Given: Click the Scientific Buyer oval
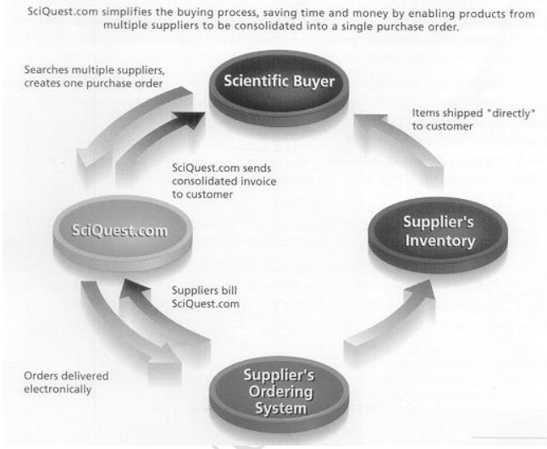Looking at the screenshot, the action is coord(279,87).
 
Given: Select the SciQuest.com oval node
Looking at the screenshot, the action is coord(123,233).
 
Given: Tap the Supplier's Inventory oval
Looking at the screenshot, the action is coord(438,235).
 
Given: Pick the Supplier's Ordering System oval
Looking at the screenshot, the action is coord(279,395).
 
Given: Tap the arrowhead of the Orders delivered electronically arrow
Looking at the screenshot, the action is coord(164,359).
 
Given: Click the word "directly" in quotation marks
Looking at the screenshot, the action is coord(512,114).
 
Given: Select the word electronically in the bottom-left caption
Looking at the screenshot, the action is coord(58,390).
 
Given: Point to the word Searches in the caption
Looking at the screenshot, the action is coord(47,69).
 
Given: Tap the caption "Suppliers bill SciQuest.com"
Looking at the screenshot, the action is coord(206,297).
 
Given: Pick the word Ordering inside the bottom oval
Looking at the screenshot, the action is coord(280,391).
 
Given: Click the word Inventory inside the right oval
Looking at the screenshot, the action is coord(440,241).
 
